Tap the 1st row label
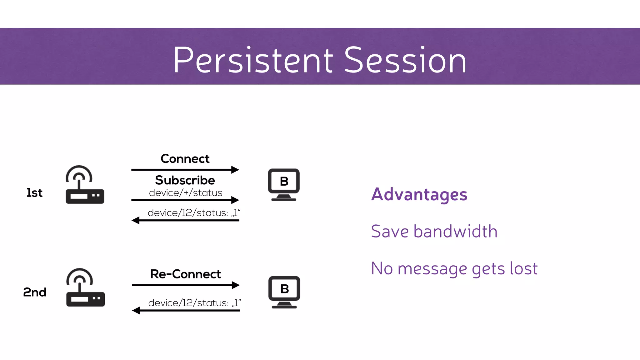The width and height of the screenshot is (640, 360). (x=34, y=193)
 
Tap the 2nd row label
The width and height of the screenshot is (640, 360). (x=35, y=292)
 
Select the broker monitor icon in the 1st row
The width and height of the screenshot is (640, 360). (x=284, y=184)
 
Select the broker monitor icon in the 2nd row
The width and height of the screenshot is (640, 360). (x=284, y=292)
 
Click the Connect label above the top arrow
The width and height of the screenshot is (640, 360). (x=185, y=159)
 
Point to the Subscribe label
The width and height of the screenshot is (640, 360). (x=185, y=180)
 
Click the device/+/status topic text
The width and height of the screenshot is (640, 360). (x=186, y=193)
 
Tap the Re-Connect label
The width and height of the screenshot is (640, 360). (x=186, y=274)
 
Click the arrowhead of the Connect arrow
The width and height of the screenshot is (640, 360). (x=235, y=170)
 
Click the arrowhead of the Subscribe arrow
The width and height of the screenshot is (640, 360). (x=235, y=200)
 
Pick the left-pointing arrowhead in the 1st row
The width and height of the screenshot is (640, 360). (x=136, y=220)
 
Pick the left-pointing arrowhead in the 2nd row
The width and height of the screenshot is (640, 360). (x=136, y=310)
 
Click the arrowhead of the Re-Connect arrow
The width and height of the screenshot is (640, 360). (x=236, y=285)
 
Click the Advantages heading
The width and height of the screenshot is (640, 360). (x=419, y=194)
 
